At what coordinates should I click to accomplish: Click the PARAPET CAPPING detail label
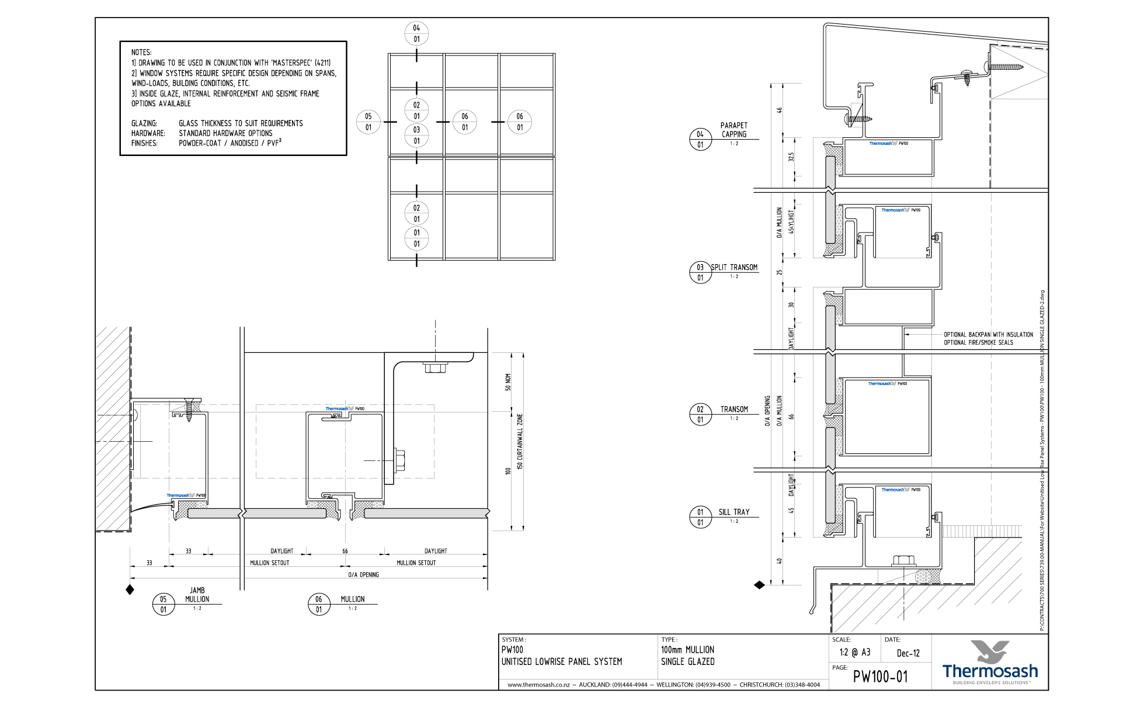733,130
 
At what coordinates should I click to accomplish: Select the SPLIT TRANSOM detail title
734,267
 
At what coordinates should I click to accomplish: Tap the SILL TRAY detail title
733,512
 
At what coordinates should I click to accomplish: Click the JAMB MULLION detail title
197,595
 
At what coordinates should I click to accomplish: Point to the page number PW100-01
880,677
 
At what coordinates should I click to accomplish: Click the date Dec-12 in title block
907,653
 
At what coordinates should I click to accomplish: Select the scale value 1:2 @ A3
854,653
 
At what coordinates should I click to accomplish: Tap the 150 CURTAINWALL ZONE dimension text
520,441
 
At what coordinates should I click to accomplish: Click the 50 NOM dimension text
508,382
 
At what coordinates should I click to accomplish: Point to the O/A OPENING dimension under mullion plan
363,575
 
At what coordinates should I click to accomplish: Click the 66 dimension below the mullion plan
345,551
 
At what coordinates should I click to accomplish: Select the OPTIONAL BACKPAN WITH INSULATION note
988,335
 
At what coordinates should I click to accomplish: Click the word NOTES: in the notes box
141,52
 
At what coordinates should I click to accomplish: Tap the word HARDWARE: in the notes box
148,133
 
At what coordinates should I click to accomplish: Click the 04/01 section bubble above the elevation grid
416,33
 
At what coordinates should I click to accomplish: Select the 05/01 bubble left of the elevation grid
368,122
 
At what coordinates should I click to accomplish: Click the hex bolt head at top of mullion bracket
434,368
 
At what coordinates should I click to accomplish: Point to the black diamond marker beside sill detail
759,584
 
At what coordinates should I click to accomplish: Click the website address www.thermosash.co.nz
538,685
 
